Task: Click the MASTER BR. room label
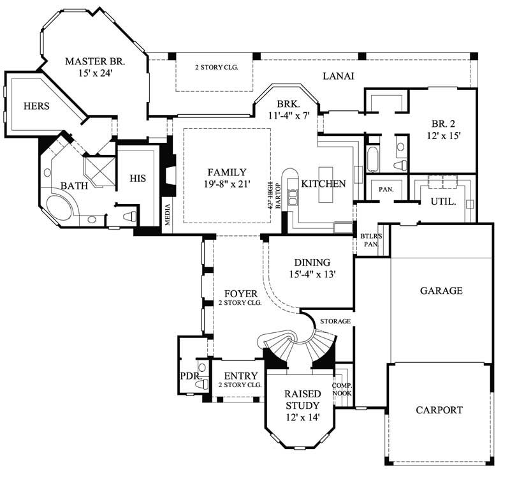(96, 62)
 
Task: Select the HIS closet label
(138, 179)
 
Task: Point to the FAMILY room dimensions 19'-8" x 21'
(226, 184)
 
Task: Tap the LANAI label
(338, 76)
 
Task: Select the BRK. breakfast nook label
(288, 103)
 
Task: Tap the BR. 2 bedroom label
(443, 124)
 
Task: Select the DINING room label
(312, 262)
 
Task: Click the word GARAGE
(441, 290)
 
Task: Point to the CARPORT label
(439, 410)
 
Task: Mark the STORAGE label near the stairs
(335, 321)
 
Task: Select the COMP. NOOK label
(343, 390)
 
